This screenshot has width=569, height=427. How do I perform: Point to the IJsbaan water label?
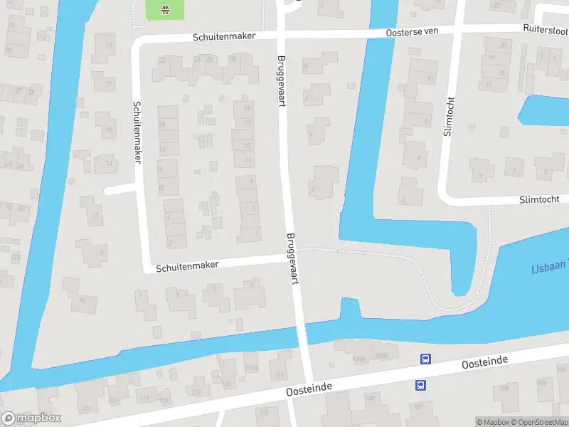point(548,268)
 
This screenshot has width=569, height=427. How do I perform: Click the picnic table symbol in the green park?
point(165,9)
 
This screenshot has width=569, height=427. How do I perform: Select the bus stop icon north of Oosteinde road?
point(425,359)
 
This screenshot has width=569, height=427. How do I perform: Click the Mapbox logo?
point(31,418)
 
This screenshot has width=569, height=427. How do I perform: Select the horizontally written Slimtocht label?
point(539,200)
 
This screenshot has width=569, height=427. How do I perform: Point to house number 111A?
point(250,368)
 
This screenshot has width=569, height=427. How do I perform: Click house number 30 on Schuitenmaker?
point(233,60)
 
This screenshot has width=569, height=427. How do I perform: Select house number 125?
point(87,406)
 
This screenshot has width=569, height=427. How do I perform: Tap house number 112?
point(264,412)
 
